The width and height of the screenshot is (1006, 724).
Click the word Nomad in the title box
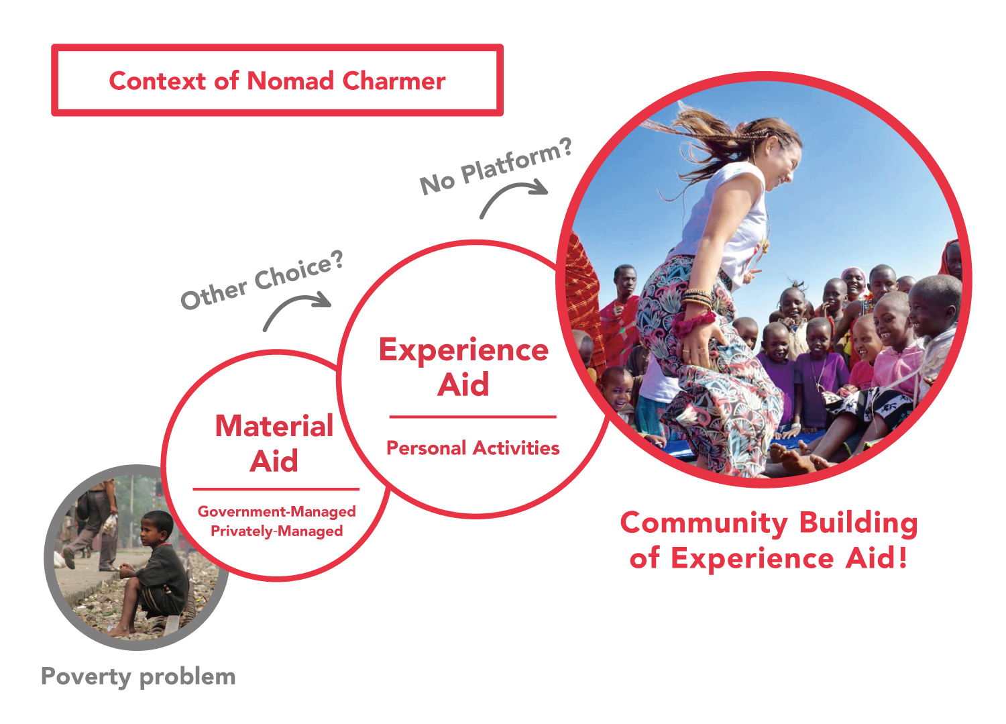(290, 81)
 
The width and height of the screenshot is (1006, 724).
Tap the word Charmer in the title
(394, 81)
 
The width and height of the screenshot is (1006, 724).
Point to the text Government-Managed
(276, 512)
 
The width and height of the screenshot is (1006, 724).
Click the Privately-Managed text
(276, 531)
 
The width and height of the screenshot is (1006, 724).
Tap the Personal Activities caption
(473, 448)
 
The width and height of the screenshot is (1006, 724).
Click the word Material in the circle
(274, 425)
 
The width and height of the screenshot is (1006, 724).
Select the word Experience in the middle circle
(463, 350)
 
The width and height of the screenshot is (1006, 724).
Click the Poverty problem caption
(138, 677)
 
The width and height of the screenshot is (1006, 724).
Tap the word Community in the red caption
(704, 524)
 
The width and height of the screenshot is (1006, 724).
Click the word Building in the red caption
(858, 523)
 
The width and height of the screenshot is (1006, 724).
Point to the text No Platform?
(496, 166)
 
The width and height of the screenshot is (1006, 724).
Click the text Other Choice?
(262, 280)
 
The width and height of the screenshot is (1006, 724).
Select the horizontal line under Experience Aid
(473, 417)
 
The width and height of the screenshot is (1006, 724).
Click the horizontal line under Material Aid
(276, 489)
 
